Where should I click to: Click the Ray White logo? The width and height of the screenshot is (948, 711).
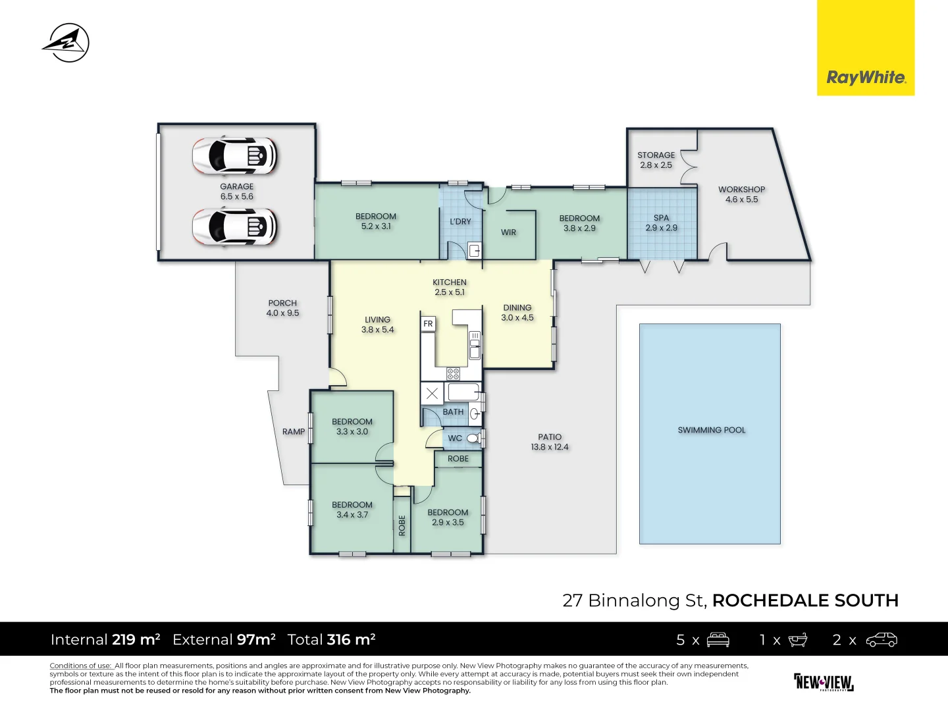click(x=866, y=77)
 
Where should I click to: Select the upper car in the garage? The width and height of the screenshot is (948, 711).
click(x=235, y=156)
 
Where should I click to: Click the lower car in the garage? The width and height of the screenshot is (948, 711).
click(x=235, y=227)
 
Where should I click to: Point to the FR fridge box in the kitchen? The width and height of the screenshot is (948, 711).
click(x=428, y=324)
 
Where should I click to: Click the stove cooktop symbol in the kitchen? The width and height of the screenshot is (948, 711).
click(x=453, y=374)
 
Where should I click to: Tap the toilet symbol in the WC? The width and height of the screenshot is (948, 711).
click(x=473, y=438)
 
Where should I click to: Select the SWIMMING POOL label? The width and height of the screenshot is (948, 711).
click(x=712, y=430)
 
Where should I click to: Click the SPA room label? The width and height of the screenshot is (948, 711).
click(x=661, y=218)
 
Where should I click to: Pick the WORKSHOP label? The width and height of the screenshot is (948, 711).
click(x=741, y=190)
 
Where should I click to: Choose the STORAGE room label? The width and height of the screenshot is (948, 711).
click(x=656, y=155)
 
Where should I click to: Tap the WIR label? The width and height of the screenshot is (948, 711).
click(x=508, y=232)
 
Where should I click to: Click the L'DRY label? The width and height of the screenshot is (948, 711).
click(x=460, y=222)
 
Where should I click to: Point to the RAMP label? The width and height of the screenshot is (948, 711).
click(x=294, y=432)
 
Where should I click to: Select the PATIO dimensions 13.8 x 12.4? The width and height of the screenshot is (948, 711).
click(x=550, y=447)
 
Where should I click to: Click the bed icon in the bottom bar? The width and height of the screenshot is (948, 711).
click(x=718, y=639)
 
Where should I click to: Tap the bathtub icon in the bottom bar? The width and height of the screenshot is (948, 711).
click(x=797, y=639)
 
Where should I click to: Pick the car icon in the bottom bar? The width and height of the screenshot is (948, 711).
click(x=882, y=639)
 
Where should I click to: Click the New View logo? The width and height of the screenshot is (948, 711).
click(x=824, y=682)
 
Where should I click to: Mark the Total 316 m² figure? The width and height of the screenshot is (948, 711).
click(x=331, y=639)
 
